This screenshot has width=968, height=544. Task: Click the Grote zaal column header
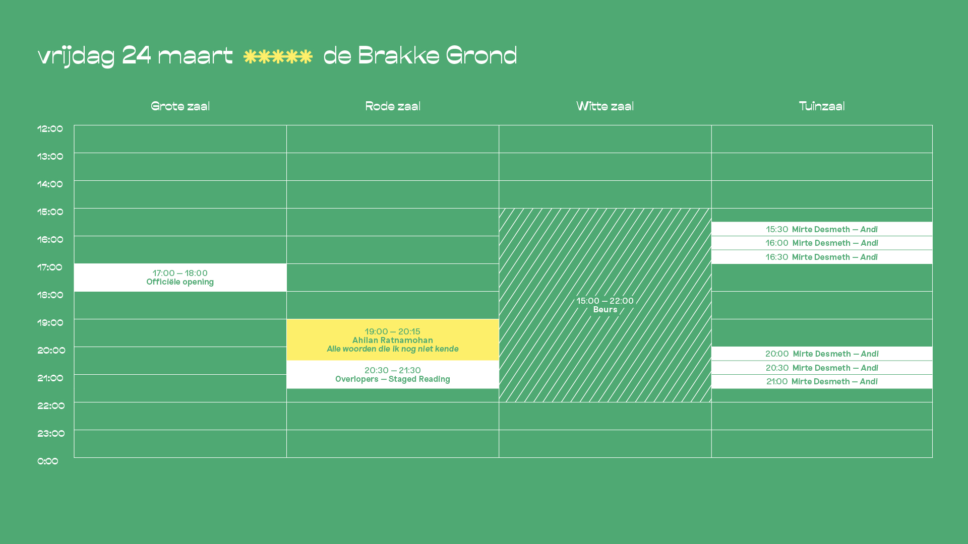point(180,106)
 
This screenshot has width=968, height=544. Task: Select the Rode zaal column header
point(393,106)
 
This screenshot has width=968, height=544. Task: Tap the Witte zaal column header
point(605,106)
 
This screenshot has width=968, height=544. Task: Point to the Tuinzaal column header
point(822,106)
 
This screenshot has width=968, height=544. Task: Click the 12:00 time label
point(50,129)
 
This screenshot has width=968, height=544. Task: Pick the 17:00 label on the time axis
point(50,267)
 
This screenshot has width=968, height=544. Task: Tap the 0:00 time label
point(48,461)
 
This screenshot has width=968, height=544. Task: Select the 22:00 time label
point(51,406)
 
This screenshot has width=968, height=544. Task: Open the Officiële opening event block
point(180,278)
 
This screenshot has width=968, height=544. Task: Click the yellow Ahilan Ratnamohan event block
point(393,340)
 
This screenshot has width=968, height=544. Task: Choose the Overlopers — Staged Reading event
point(393,375)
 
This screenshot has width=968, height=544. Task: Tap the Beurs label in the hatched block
point(605,310)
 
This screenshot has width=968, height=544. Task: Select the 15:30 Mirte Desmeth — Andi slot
point(822,229)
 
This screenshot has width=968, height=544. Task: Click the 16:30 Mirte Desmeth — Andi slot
point(822,257)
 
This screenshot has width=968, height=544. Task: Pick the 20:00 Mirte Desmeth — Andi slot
point(822,354)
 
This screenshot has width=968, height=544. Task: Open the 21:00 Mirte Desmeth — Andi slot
point(822,381)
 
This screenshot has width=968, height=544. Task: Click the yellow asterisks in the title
point(278,56)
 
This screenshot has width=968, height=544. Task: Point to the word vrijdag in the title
point(76,56)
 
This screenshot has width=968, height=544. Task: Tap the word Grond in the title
point(481,55)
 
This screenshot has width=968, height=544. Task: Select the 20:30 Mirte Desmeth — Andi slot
point(822,368)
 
